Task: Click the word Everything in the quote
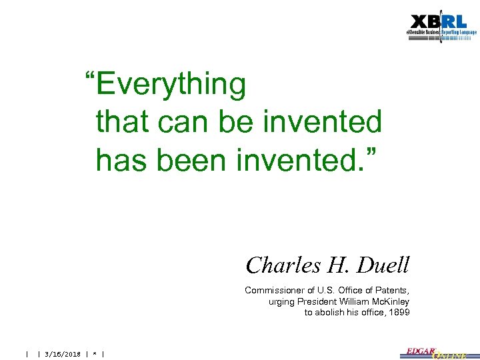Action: [171, 85]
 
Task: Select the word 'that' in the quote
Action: [122, 122]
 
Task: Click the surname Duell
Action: [383, 265]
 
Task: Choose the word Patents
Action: [392, 291]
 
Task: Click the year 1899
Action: [399, 313]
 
